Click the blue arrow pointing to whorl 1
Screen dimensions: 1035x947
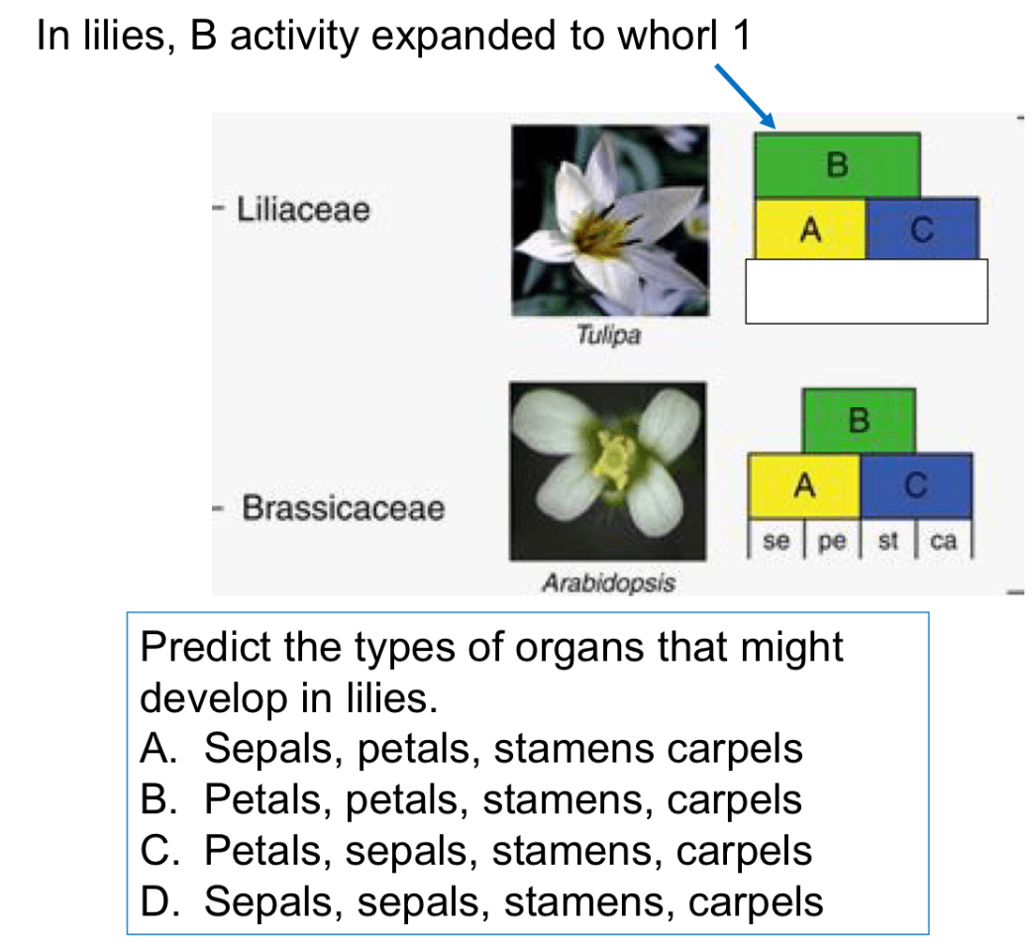pos(745,96)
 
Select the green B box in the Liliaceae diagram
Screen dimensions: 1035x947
pos(837,165)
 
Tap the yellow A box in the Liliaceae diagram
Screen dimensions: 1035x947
pos(810,229)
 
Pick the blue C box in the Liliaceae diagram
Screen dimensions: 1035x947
pos(922,229)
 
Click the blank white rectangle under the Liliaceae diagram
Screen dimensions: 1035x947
pos(867,291)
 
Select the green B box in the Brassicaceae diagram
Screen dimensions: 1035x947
pos(859,421)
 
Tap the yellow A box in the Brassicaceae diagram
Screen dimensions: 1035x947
pos(804,485)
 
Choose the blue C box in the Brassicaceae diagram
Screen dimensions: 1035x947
pos(916,485)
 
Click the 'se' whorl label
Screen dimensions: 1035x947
pos(776,541)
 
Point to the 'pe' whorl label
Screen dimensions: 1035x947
pos(832,542)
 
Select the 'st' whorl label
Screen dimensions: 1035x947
pos(887,541)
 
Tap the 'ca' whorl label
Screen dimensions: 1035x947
pos(943,541)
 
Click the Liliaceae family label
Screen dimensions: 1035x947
pos(303,209)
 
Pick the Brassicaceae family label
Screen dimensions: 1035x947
pos(344,508)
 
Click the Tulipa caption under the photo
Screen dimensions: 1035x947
pos(608,335)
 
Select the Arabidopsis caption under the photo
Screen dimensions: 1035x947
pos(608,583)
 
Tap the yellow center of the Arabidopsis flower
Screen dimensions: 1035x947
pos(614,459)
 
